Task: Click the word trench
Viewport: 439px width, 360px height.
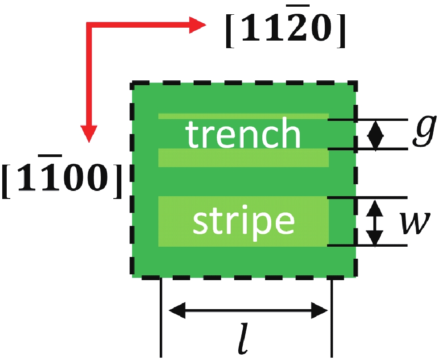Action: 243,132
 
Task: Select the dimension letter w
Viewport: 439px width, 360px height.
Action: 414,223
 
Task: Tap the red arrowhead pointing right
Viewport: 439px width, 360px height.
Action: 197,25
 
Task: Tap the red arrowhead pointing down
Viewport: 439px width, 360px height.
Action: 89,133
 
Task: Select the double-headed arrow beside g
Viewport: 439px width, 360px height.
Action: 376,136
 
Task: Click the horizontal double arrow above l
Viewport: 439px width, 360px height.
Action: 248,310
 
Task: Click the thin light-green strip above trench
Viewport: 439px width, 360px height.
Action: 243,116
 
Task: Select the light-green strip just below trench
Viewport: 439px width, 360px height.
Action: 243,158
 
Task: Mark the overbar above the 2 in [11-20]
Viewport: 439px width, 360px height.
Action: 300,6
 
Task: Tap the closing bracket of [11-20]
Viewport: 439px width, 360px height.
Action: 341,30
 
